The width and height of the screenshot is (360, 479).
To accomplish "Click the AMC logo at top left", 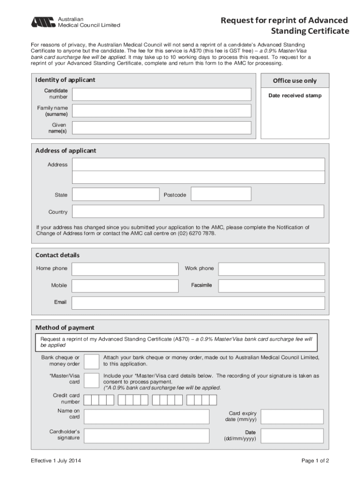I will click(x=43, y=22).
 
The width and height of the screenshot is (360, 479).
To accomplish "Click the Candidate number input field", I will click(x=161, y=94).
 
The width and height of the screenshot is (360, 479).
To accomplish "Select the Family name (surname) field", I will click(x=161, y=111).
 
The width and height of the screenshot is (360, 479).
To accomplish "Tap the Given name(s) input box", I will click(x=161, y=128).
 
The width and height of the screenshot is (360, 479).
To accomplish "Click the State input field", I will click(x=115, y=194).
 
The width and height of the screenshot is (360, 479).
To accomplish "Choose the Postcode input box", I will click(x=221, y=194).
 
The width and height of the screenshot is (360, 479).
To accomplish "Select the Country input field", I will click(x=198, y=211).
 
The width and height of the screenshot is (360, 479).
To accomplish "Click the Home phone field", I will click(x=125, y=269).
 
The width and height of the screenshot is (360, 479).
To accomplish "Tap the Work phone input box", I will click(x=271, y=269).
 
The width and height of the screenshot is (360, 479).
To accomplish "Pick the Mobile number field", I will click(x=125, y=286).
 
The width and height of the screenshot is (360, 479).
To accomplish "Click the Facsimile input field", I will click(x=271, y=286).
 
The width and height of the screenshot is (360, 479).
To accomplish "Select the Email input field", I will click(x=198, y=303).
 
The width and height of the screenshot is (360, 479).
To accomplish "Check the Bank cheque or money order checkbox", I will click(x=91, y=361).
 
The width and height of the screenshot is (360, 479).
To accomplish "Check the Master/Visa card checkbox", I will click(x=91, y=380).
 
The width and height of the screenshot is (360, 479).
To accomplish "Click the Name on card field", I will click(x=146, y=416).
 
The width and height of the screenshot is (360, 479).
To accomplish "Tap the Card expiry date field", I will click(x=292, y=416).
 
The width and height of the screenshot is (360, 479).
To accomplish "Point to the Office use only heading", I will click(x=295, y=81).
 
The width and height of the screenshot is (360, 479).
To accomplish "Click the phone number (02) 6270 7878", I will click(x=196, y=233).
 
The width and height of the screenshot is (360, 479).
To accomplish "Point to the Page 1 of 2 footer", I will click(x=315, y=461).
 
